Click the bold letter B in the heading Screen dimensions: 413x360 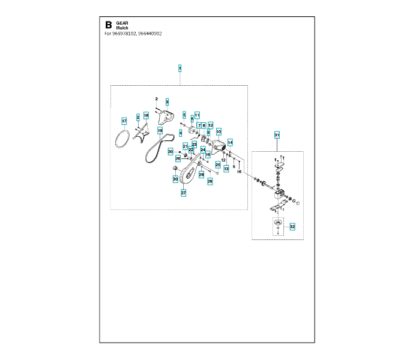tap(108, 25)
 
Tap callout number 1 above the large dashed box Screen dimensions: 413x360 tap(180, 68)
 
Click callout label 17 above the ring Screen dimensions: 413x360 tap(124, 121)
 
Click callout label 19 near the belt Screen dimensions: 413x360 tap(160, 130)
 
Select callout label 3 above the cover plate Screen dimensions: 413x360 tap(167, 101)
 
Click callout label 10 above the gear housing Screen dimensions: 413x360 tap(219, 131)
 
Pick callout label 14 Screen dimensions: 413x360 tap(230, 142)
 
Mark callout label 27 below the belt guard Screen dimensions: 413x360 tap(184, 193)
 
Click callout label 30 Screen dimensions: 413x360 tap(175, 179)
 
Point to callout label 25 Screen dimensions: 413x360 tap(218, 164)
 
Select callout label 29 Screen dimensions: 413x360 tap(210, 180)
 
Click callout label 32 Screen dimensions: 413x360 tap(292, 227)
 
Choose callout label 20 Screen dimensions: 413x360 tap(170, 152)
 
